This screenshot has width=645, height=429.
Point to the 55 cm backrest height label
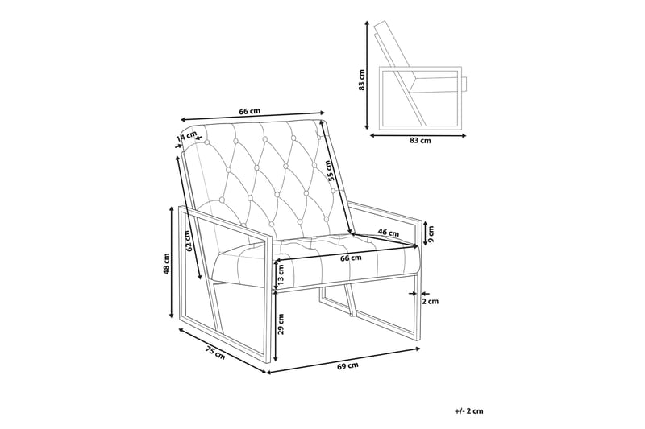(328, 171)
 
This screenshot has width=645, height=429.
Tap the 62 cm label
(187, 241)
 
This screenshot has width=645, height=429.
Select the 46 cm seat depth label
(389, 233)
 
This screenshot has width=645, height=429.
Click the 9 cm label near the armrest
(431, 233)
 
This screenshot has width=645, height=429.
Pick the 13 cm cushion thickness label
(281, 275)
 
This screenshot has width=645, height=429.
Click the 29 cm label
(281, 324)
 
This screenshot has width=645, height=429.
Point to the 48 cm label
(166, 263)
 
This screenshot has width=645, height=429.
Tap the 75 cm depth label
(215, 353)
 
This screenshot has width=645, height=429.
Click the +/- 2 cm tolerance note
(469, 410)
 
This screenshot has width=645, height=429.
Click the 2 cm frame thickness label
(431, 301)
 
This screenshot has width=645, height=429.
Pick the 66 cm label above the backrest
(250, 111)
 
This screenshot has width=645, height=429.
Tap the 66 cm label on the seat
(351, 258)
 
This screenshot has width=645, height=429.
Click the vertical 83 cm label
(361, 80)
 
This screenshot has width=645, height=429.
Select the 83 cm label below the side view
(420, 140)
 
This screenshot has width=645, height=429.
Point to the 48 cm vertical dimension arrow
(172, 262)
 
